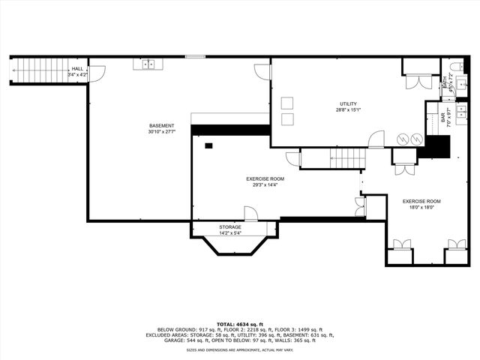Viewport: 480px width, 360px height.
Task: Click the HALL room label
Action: click(x=77, y=69)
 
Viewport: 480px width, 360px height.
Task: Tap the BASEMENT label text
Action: click(x=161, y=125)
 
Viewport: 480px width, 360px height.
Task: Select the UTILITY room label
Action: click(x=348, y=104)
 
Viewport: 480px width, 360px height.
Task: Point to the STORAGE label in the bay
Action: click(x=230, y=226)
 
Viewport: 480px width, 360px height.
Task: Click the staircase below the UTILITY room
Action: click(x=347, y=157)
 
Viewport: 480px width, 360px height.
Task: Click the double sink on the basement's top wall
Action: click(x=148, y=64)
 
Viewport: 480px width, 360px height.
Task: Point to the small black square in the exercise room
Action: click(x=209, y=145)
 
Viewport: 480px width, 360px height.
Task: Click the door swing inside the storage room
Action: click(x=251, y=214)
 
